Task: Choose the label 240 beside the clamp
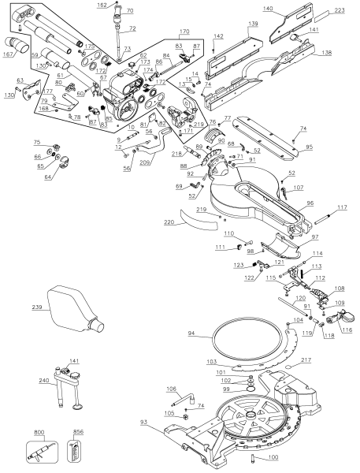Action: pyautogui.click(x=45, y=379)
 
